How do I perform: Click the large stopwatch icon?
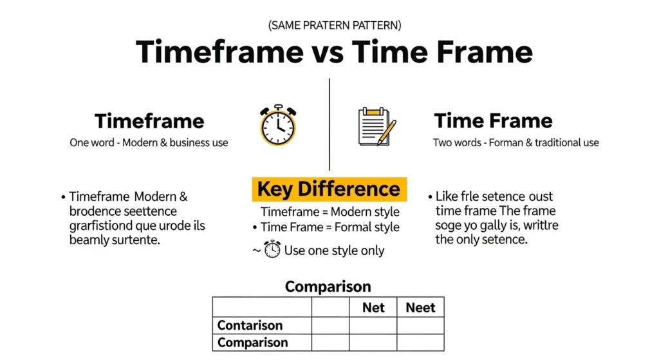click(x=278, y=125)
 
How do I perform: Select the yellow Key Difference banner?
click(x=329, y=189)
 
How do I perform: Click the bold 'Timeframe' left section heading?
click(x=149, y=121)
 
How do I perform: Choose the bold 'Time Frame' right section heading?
click(x=493, y=120)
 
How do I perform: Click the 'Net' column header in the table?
click(x=373, y=307)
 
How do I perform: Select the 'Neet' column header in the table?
click(x=420, y=307)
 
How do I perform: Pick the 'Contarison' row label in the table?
click(x=250, y=325)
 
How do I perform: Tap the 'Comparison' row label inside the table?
click(x=253, y=343)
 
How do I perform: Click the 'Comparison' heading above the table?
click(x=328, y=287)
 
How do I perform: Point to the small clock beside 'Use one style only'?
click(x=272, y=249)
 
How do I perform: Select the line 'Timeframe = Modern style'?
click(x=330, y=212)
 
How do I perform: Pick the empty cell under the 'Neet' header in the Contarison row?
click(x=420, y=325)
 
